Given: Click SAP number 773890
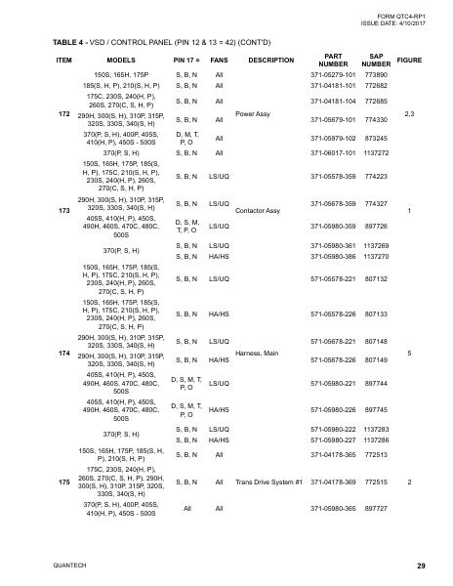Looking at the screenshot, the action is tap(375, 74).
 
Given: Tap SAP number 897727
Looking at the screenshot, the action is tap(375, 509).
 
